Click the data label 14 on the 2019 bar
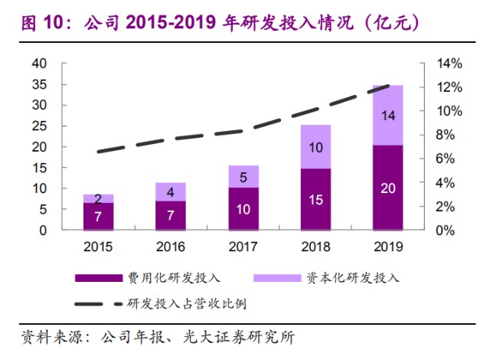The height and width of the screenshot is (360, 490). [x=387, y=115]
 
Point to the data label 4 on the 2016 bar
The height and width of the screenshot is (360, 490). [x=170, y=191]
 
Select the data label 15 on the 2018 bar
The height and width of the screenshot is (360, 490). [x=315, y=199]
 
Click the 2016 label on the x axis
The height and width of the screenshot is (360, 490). [x=170, y=247]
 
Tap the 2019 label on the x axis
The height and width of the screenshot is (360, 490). [x=387, y=247]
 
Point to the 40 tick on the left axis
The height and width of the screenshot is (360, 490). [x=38, y=64]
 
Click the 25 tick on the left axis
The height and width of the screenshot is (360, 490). [x=38, y=126]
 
